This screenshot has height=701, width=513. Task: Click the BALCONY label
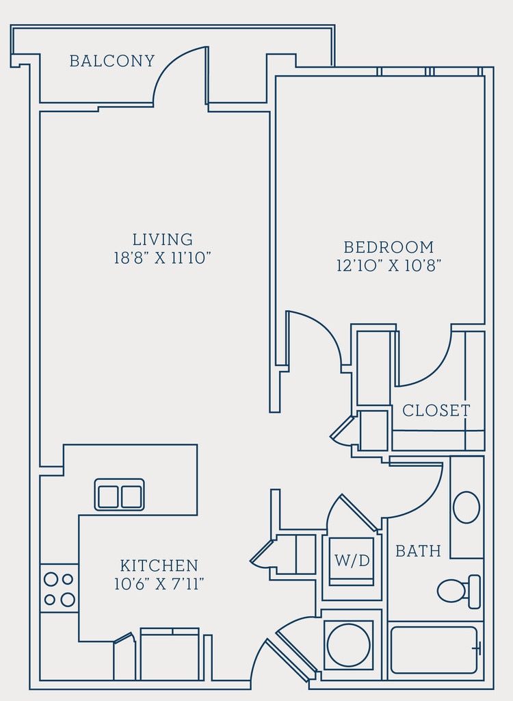[112, 61]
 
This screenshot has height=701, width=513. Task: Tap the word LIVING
[163, 240]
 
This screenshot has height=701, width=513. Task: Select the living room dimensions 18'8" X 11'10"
[162, 258]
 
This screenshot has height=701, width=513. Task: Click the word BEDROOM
[389, 247]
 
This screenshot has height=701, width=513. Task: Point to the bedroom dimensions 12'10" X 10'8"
[389, 266]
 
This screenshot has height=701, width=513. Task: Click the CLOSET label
[436, 411]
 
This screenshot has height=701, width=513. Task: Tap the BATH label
[418, 551]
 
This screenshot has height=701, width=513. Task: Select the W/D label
[352, 560]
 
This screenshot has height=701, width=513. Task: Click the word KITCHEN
[159, 565]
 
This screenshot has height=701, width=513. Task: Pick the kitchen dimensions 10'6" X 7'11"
[159, 584]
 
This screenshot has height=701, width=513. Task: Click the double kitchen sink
[119, 495]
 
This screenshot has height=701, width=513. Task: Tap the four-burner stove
[59, 588]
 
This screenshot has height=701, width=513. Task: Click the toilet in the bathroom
[459, 591]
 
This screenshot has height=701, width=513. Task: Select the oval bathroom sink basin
[466, 507]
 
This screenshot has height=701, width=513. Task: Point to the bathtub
[434, 650]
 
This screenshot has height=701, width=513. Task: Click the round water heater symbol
[349, 645]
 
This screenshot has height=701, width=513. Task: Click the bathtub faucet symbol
[477, 648]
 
